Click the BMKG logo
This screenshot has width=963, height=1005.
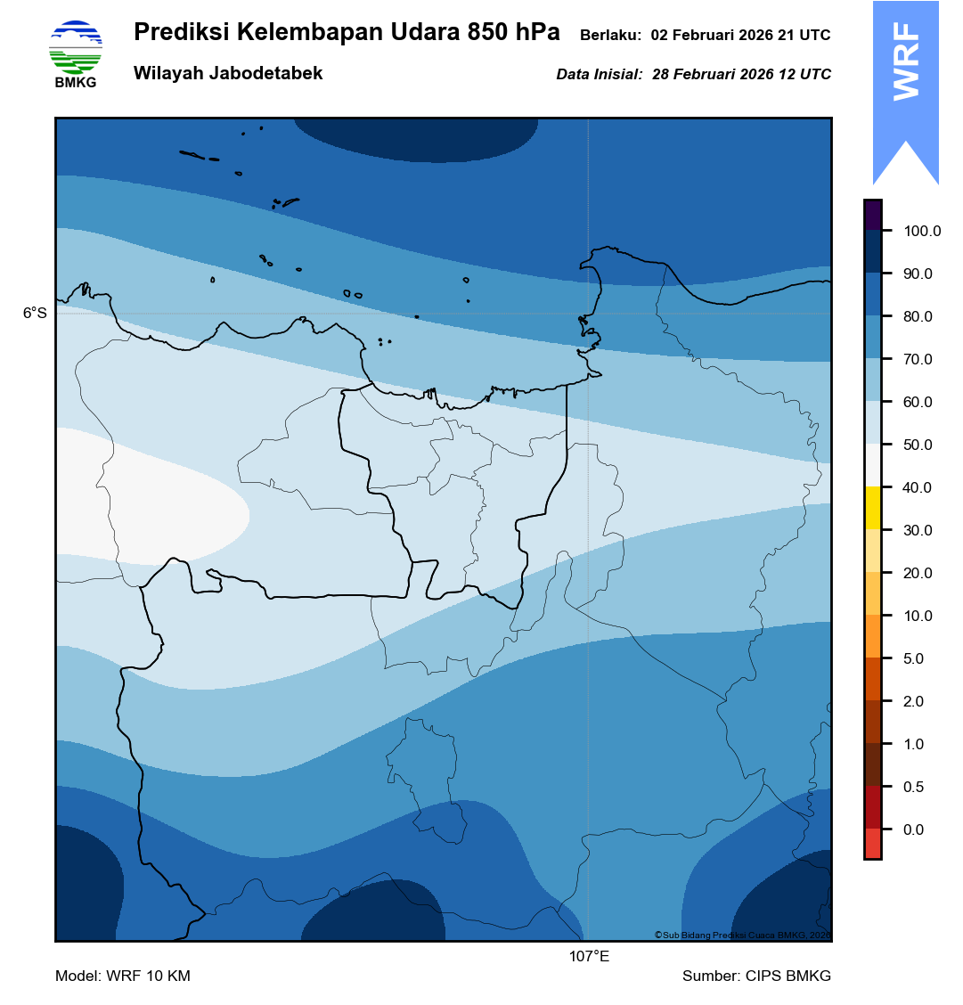pyautogui.click(x=76, y=53)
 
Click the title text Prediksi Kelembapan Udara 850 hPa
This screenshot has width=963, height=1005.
pyautogui.click(x=347, y=32)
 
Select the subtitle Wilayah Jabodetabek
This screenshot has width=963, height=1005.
pyautogui.click(x=228, y=74)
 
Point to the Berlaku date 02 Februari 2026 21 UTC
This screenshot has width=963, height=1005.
pyautogui.click(x=740, y=36)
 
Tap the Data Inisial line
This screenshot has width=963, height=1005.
pyautogui.click(x=693, y=75)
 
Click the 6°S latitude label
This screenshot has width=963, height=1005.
pyautogui.click(x=35, y=314)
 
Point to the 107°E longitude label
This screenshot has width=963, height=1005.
pyautogui.click(x=589, y=957)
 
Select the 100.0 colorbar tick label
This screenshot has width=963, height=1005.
pyautogui.click(x=922, y=232)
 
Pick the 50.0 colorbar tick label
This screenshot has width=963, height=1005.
pyautogui.click(x=918, y=445)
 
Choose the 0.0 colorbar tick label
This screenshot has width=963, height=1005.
pyautogui.click(x=914, y=830)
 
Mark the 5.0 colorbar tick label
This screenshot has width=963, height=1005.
pyautogui.click(x=914, y=659)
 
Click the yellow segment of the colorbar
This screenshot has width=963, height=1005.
pyautogui.click(x=872, y=508)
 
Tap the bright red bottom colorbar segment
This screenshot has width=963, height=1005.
pyautogui.click(x=872, y=843)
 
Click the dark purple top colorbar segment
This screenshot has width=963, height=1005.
pyautogui.click(x=872, y=215)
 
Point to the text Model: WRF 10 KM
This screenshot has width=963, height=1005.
pyautogui.click(x=123, y=976)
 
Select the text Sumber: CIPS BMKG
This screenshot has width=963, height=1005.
pyautogui.click(x=756, y=976)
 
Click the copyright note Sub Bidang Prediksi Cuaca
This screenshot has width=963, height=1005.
pyautogui.click(x=742, y=935)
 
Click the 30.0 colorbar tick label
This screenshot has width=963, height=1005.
pyautogui.click(x=918, y=531)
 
